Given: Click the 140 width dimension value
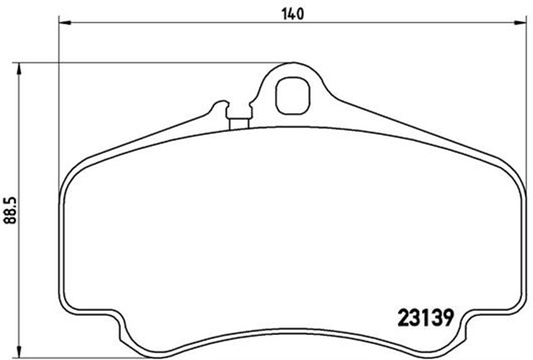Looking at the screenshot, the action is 292,14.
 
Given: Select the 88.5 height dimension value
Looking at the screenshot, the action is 11,211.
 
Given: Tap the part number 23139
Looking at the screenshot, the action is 426,318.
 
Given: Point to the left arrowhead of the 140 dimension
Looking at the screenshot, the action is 65,22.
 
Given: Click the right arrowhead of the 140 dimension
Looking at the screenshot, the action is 520,22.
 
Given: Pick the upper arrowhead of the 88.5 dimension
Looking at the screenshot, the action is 19,68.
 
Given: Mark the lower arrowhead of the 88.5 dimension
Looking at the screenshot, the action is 19,352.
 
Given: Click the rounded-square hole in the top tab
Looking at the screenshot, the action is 292,96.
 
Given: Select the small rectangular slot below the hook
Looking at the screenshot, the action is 239,124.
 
